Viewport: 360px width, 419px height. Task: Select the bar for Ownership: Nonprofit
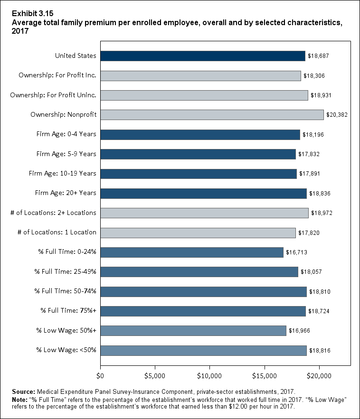point(212,115)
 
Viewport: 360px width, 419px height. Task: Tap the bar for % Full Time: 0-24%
point(192,252)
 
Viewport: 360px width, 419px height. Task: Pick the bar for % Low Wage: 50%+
point(193,331)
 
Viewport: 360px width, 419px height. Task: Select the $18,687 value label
point(319,56)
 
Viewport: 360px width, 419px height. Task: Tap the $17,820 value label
point(309,233)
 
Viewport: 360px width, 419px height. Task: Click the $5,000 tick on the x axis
point(155,377)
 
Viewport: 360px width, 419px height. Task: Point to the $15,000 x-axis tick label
point(264,377)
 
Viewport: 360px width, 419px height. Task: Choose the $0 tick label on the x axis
point(100,377)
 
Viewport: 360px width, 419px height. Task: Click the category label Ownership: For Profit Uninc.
point(53,95)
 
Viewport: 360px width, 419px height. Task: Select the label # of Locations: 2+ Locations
point(53,213)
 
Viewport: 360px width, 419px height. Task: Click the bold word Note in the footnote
point(21,399)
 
